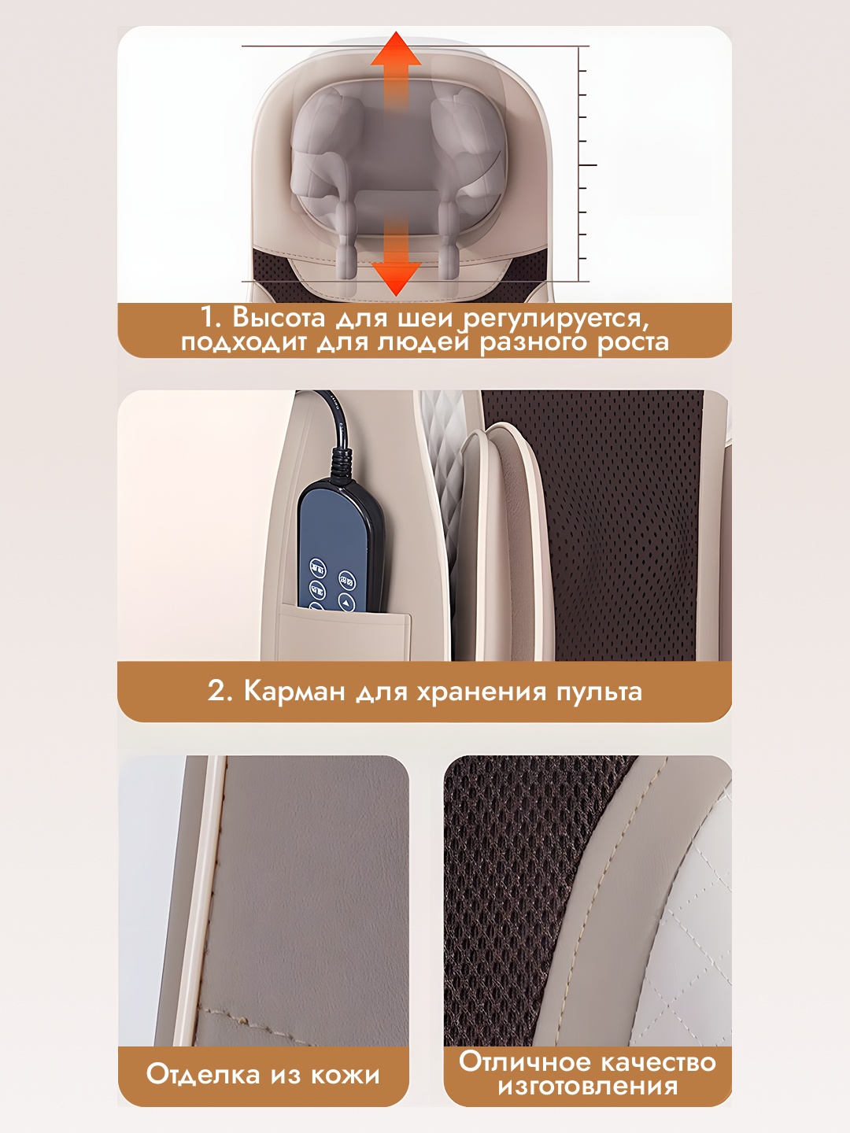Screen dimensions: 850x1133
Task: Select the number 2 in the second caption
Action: pyautogui.click(x=218, y=691)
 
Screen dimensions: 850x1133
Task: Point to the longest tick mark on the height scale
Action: pyautogui.click(x=588, y=165)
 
